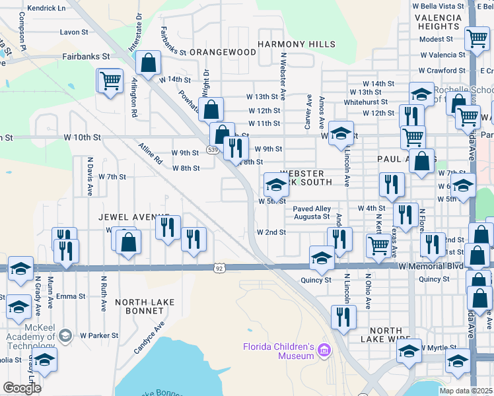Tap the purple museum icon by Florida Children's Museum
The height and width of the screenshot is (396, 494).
click(x=324, y=349)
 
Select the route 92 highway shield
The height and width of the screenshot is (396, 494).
click(x=219, y=269)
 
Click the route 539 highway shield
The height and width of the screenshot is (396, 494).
click(x=212, y=150)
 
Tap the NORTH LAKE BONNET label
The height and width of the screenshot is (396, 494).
click(x=145, y=302)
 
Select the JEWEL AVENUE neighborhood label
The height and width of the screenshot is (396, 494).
click(x=130, y=216)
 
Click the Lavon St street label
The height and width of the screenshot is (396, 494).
click(x=73, y=32)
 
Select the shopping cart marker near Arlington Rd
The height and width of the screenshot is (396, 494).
click(x=110, y=81)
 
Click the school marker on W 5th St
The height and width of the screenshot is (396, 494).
click(x=276, y=183)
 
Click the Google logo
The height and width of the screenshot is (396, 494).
click(x=22, y=388)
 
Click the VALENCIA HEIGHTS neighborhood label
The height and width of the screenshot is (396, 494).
click(x=443, y=21)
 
